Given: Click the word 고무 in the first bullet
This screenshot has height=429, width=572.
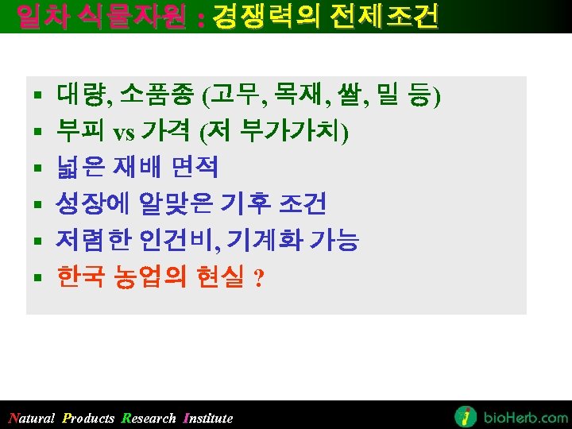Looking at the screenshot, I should pyautogui.click(x=229, y=98).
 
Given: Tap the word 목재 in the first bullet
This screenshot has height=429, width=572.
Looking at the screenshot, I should pyautogui.click(x=290, y=98).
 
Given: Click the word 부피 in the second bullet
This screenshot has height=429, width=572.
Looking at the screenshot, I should pyautogui.click(x=77, y=132).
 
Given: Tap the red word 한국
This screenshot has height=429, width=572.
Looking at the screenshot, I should pyautogui.click(x=78, y=277).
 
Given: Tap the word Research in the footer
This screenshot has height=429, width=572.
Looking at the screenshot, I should pyautogui.click(x=149, y=419).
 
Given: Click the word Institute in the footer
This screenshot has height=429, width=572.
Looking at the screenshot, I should pyautogui.click(x=208, y=419).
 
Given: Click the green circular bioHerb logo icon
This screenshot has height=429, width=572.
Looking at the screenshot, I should pyautogui.click(x=466, y=416).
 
